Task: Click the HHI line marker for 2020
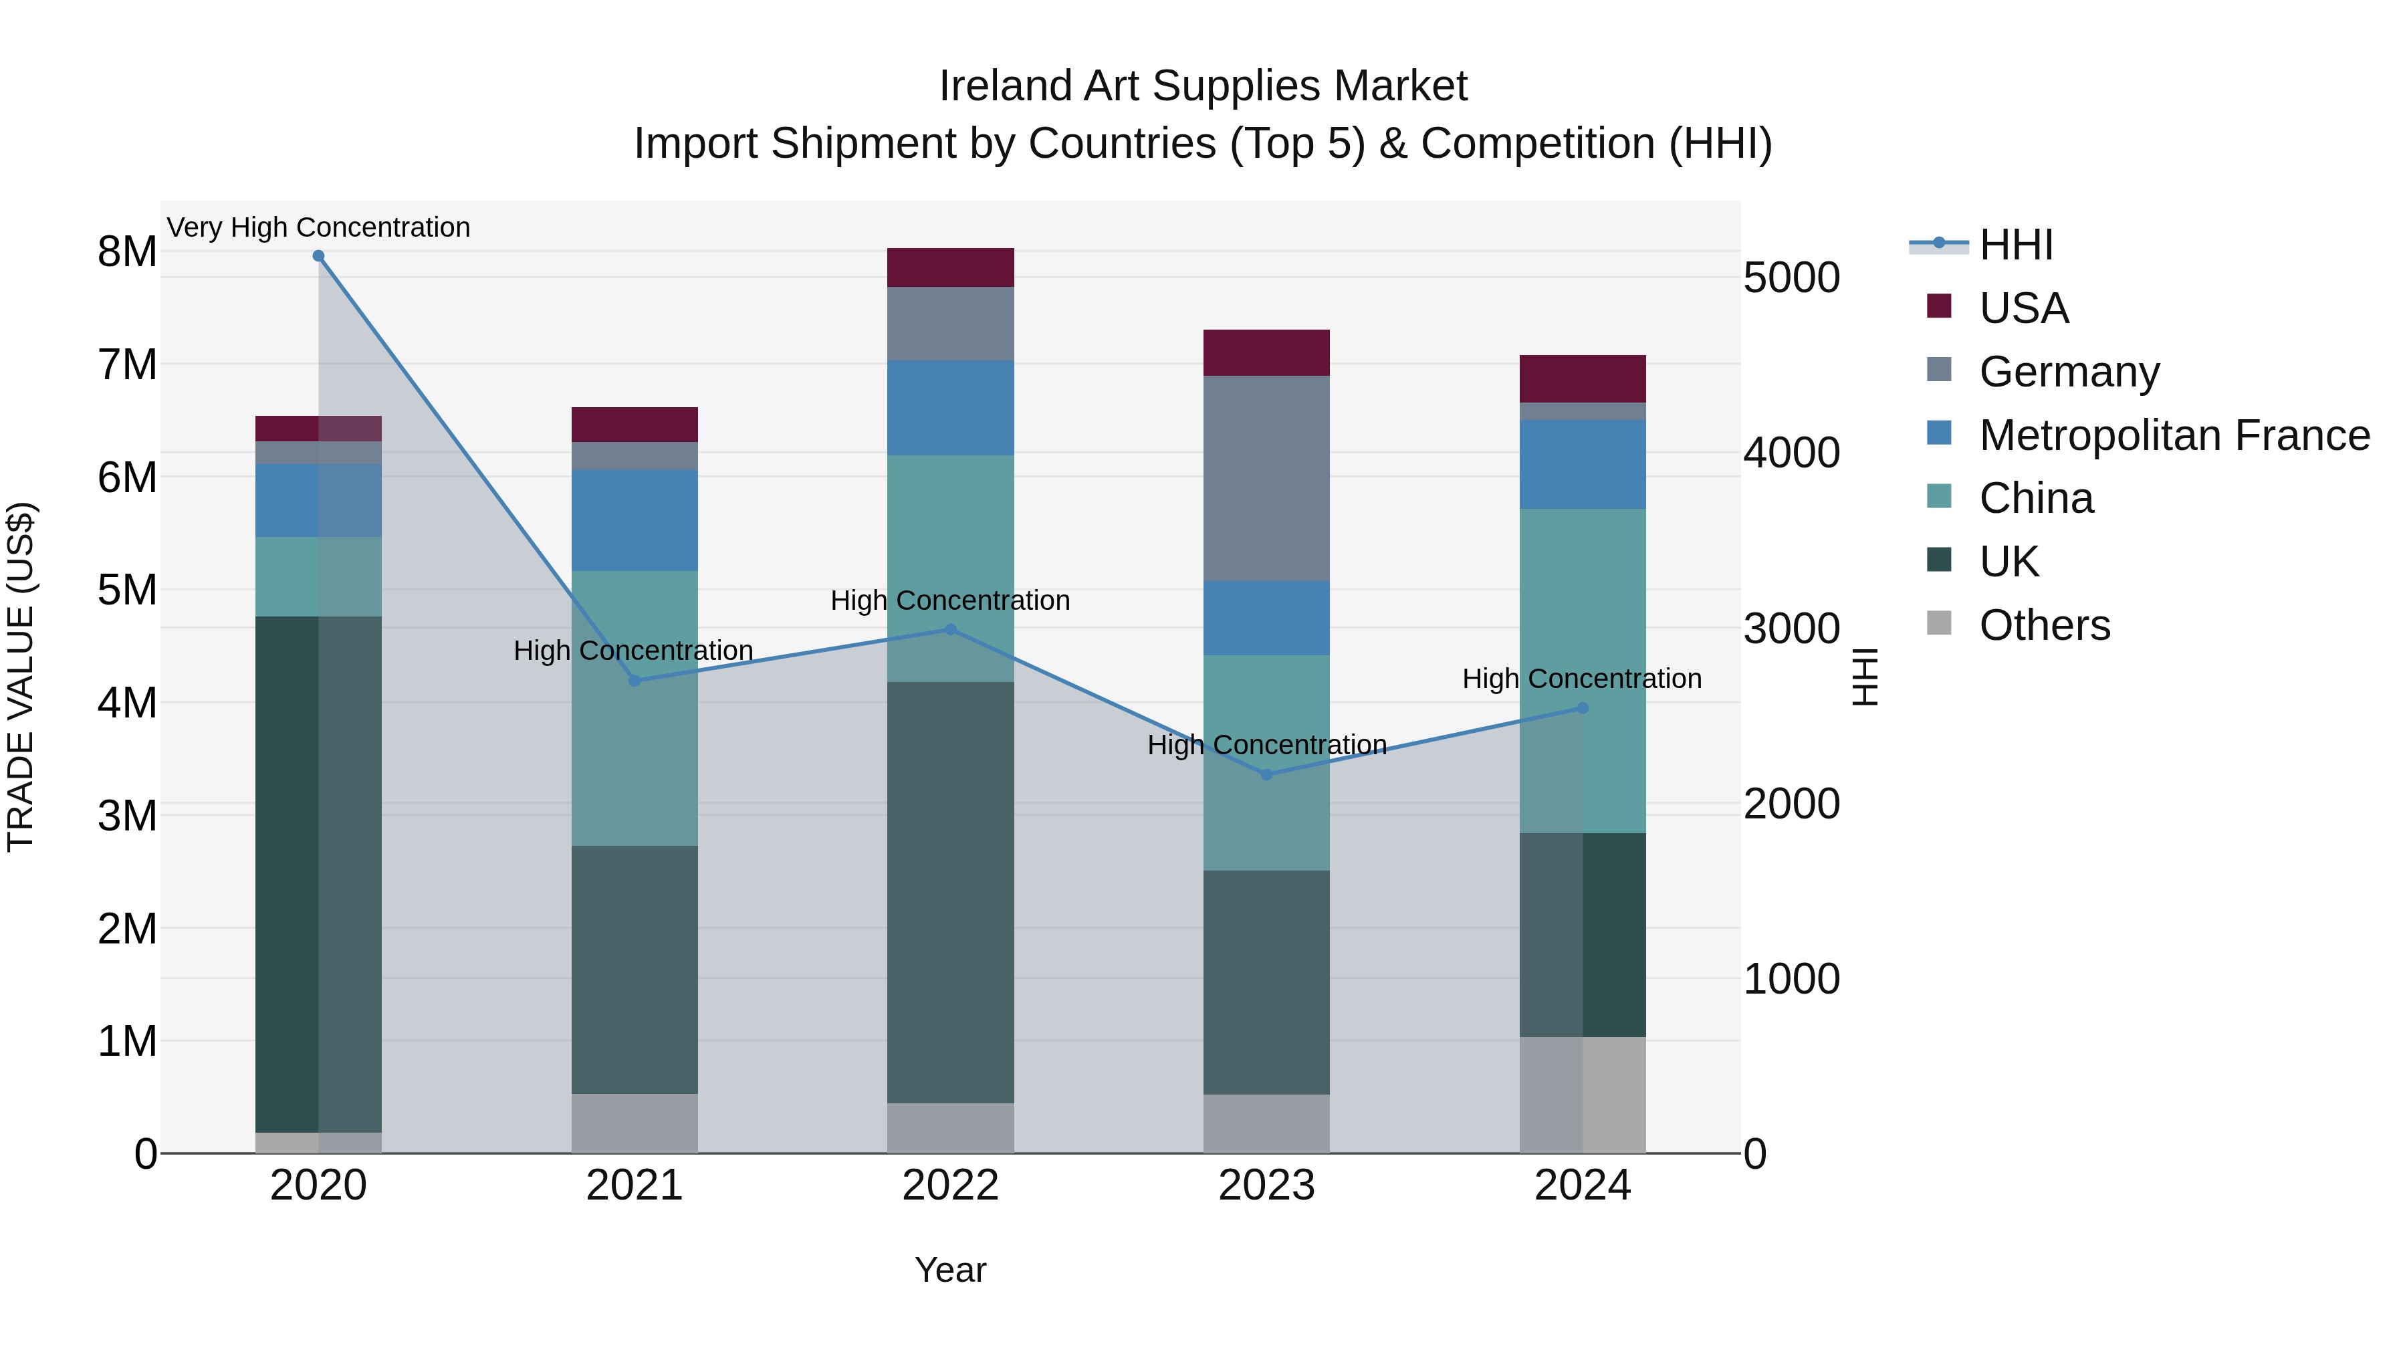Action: click(319, 256)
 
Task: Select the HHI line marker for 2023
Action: click(1267, 775)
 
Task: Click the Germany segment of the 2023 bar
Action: click(1266, 479)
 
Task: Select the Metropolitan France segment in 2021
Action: click(635, 520)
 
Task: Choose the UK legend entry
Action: click(2009, 562)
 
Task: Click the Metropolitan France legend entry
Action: click(2174, 435)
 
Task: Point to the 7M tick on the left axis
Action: click(127, 364)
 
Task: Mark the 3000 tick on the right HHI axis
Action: click(1791, 629)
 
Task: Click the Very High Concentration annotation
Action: click(319, 228)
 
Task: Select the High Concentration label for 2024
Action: click(1581, 679)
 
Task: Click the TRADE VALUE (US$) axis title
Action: click(21, 677)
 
